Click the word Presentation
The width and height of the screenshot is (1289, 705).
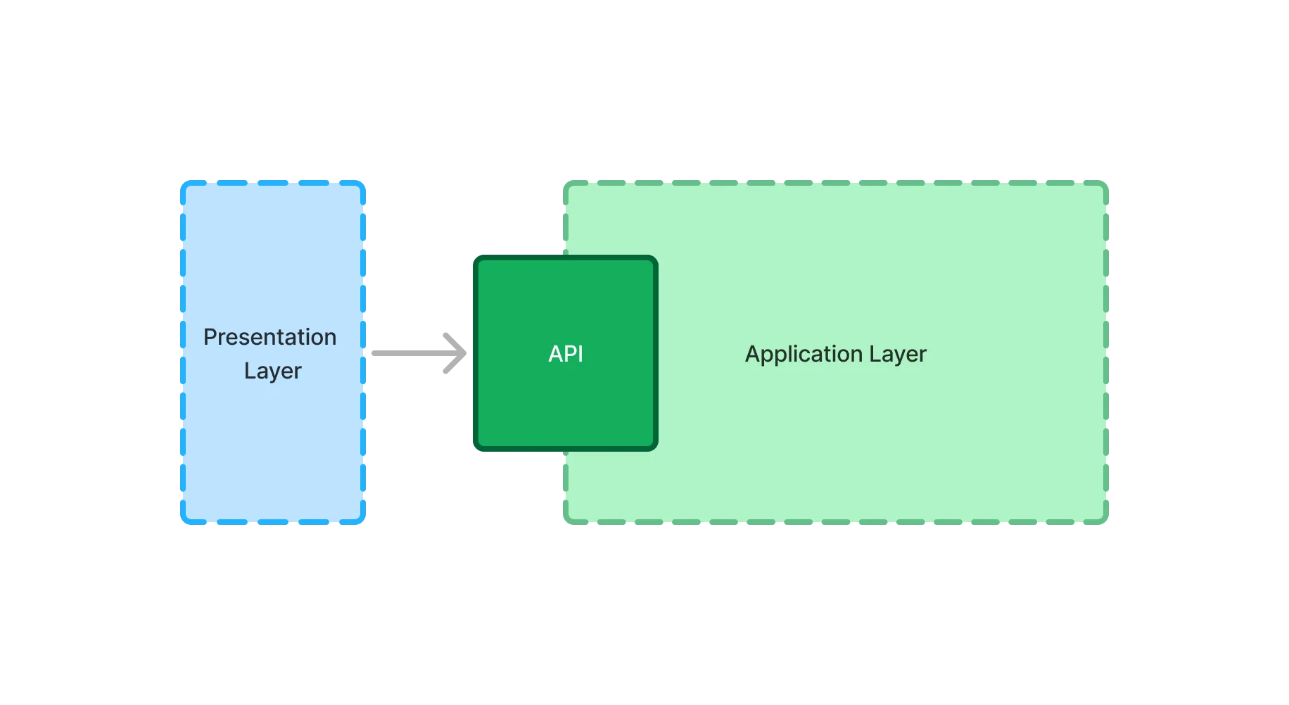pyautogui.click(x=269, y=337)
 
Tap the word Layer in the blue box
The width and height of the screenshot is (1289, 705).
pyautogui.click(x=272, y=371)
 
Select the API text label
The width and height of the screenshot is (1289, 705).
pyautogui.click(x=566, y=353)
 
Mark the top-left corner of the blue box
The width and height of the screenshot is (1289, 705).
pyautogui.click(x=183, y=183)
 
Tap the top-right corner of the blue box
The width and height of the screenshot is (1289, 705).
pyautogui.click(x=364, y=183)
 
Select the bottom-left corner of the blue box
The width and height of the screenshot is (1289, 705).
pyautogui.click(x=183, y=523)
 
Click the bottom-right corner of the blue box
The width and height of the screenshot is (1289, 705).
pyautogui.click(x=364, y=523)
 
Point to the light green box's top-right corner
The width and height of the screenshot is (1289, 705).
pyautogui.click(x=1106, y=184)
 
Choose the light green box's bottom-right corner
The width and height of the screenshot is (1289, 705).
pyautogui.click(x=1106, y=523)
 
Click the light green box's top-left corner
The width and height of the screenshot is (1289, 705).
pyautogui.click(x=566, y=184)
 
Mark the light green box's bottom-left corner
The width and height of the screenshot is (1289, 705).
pyautogui.click(x=566, y=523)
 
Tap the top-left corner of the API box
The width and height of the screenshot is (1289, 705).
pyautogui.click(x=476, y=258)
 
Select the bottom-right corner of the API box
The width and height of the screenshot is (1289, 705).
pyautogui.click(x=655, y=448)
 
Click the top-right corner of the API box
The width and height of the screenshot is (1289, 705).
pyautogui.click(x=655, y=258)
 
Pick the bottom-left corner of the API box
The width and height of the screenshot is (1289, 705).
pyautogui.click(x=476, y=448)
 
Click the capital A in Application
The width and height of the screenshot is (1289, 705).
pyautogui.click(x=752, y=353)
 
